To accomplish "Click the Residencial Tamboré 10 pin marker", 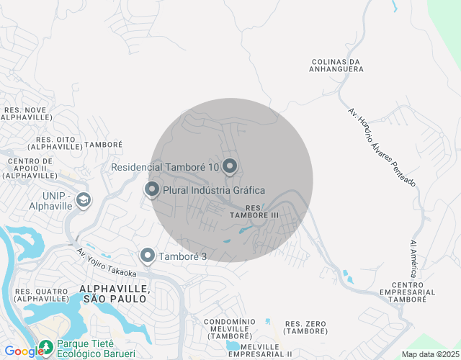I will click(230, 167).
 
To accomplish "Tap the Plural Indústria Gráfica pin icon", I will click(152, 190).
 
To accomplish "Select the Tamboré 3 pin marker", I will click(148, 256).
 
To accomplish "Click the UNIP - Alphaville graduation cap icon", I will click(84, 199).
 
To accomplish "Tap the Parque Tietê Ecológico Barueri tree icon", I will click(46, 347).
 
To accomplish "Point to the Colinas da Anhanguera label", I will click(336, 66).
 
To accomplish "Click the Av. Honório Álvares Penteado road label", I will click(381, 148).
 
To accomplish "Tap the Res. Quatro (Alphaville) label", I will click(41, 295).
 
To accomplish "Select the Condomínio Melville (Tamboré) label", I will click(226, 328).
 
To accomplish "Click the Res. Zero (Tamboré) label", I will click(305, 327).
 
